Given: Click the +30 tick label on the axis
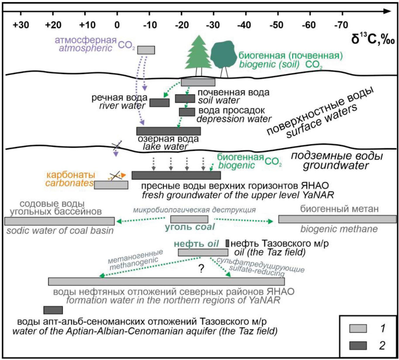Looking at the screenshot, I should [21, 25].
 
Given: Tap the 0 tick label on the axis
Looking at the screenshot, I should [117, 25].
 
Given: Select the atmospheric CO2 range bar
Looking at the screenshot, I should [146, 50].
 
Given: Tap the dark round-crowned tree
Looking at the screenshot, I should [223, 56].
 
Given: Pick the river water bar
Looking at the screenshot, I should [159, 103].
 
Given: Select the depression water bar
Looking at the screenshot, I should [187, 112].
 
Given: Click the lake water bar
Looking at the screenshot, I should [169, 131].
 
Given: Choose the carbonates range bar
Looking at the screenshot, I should [111, 185].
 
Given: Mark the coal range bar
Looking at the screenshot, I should [189, 219].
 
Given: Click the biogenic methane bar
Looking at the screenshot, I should [337, 219].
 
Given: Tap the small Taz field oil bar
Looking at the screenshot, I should [228, 243].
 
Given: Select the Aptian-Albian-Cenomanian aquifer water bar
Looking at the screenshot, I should [53, 310].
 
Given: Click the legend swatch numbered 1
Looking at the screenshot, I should [358, 328].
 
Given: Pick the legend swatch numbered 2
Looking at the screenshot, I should [358, 346].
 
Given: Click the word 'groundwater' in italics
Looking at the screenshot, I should [336, 166].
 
